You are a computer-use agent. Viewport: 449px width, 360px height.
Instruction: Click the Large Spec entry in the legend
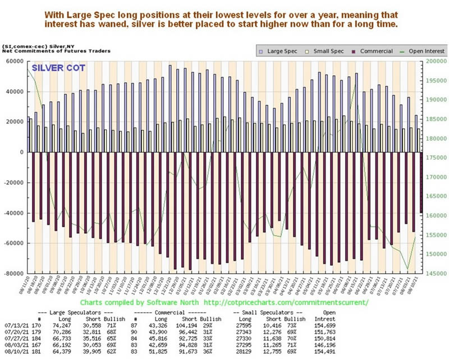pyautogui.click(x=281, y=50)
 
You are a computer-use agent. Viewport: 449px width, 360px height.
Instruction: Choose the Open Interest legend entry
pyautogui.click(x=424, y=50)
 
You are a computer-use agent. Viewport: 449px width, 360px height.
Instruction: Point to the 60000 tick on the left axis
pyautogui.click(x=13, y=61)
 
